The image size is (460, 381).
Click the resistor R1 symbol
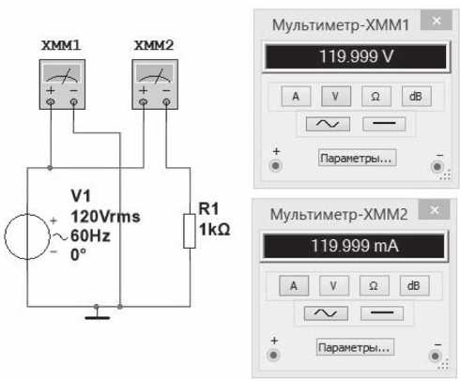(x=190, y=231)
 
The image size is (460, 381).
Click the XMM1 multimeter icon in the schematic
(x=62, y=84)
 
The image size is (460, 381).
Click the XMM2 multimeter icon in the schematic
(x=155, y=84)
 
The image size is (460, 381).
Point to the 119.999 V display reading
(x=356, y=56)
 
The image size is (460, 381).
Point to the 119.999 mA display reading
(x=355, y=246)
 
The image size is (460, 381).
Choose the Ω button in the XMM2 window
(x=374, y=285)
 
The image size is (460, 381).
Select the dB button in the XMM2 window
(x=414, y=285)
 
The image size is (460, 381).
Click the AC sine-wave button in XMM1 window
(x=328, y=124)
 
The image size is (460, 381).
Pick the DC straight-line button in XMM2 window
(x=382, y=313)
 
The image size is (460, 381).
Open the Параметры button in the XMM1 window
(x=357, y=158)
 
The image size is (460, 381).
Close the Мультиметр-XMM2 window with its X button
(x=435, y=209)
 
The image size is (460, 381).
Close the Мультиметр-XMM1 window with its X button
(x=437, y=21)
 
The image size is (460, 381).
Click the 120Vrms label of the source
(x=105, y=217)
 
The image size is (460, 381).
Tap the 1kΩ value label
(x=215, y=229)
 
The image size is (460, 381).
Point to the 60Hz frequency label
(x=90, y=236)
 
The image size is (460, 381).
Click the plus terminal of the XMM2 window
(x=273, y=355)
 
